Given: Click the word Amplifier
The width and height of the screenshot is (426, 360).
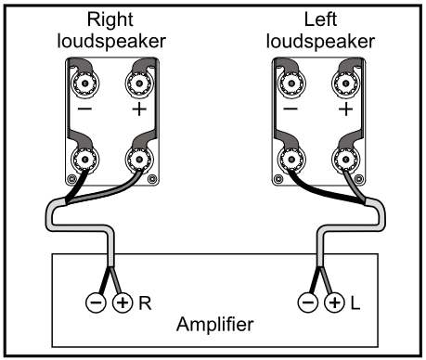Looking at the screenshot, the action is click(215, 325).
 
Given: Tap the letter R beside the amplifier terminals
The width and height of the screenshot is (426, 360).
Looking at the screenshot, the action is click(145, 303).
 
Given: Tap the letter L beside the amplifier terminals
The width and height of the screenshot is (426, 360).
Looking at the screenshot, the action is click(355, 303).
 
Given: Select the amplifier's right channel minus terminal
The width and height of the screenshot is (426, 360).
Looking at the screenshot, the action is click(96, 302).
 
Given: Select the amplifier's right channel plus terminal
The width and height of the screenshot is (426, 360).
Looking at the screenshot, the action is click(123, 302).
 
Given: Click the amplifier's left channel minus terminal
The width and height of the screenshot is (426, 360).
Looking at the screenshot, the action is click(308, 302).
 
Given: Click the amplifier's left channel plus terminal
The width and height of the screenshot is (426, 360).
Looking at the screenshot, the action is click(334, 302).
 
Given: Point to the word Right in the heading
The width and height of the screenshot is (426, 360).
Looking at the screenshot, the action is click(110, 20).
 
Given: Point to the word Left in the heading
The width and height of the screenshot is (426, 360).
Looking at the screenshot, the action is click(320, 19).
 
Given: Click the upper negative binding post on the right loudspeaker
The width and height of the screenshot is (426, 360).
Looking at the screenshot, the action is click(84, 84).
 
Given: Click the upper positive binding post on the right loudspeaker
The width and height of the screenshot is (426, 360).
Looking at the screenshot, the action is click(139, 84).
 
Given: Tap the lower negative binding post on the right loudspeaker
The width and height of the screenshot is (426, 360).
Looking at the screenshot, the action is click(84, 160).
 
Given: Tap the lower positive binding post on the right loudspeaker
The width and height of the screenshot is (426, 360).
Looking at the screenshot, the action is click(139, 160).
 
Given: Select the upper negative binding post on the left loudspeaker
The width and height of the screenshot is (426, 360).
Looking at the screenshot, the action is click(291, 84).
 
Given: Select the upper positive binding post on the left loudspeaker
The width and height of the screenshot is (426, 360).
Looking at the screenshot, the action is click(345, 84).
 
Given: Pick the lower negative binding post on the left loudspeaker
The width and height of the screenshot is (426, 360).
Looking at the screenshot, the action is click(291, 160).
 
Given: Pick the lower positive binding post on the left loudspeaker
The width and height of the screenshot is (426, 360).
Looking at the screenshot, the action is click(345, 160).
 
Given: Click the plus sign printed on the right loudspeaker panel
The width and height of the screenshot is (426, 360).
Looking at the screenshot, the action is click(139, 109).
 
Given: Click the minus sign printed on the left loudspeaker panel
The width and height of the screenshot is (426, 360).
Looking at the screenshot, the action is click(290, 109).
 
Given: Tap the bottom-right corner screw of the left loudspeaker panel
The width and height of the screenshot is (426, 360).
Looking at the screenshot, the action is click(359, 179).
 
